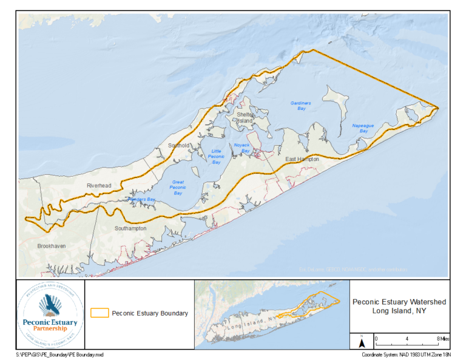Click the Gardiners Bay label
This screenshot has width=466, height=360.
point(300,106)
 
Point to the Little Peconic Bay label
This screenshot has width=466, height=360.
point(215,157)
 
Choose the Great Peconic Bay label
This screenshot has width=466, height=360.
point(178,187)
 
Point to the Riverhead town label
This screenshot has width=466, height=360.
point(99,186)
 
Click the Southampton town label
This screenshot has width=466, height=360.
point(130,228)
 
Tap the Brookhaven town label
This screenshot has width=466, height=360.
point(51,246)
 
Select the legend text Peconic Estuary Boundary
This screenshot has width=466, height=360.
point(149,313)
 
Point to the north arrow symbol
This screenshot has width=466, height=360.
point(361,342)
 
